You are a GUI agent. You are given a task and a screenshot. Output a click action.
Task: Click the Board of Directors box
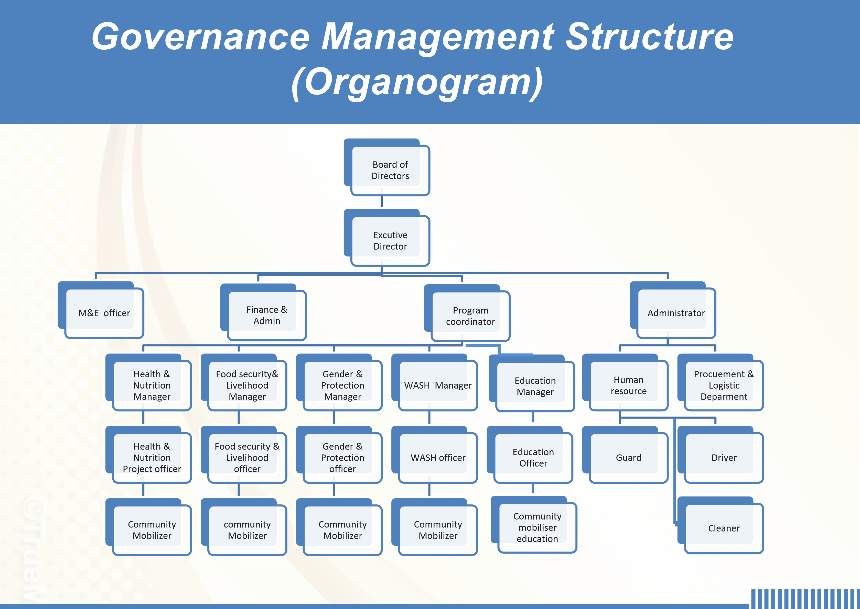coord(386,167)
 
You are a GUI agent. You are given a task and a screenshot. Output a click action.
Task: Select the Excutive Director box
coord(386,238)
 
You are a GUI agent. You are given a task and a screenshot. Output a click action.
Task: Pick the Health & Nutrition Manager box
coord(148,382)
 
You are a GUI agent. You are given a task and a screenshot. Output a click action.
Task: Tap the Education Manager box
coord(532,383)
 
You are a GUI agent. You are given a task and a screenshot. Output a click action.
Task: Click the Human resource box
coord(625,382)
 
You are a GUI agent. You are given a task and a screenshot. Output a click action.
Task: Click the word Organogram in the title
coord(417,83)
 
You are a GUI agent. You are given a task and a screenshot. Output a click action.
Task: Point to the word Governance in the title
coord(201,36)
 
